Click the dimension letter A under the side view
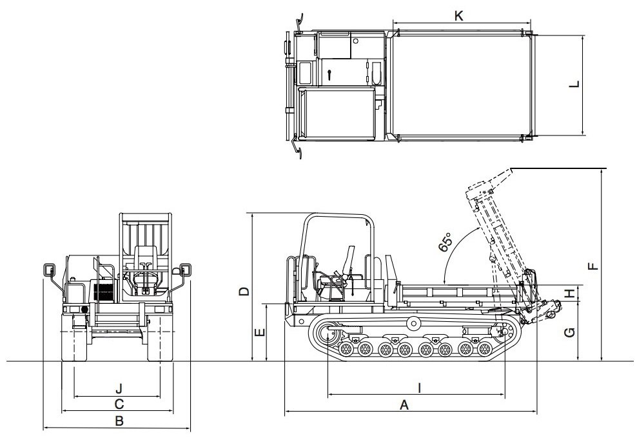click(x=405, y=404)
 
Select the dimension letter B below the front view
click(x=119, y=421)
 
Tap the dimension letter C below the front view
click(x=119, y=404)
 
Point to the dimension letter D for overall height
click(x=243, y=291)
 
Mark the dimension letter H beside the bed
click(x=569, y=294)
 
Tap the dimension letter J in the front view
click(x=119, y=388)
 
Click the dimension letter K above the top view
click(x=459, y=17)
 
